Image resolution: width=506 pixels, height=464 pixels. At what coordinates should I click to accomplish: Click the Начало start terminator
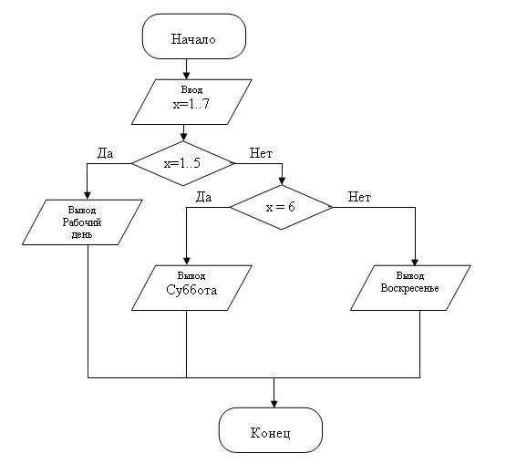coord(194,36)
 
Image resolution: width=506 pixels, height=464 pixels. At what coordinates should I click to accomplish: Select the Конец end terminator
coord(271,430)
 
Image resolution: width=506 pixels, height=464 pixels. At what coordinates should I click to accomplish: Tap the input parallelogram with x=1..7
coord(191,102)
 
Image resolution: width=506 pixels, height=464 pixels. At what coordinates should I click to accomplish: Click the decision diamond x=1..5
coord(182,163)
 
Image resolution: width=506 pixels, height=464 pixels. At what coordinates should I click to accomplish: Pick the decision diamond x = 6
coord(281,207)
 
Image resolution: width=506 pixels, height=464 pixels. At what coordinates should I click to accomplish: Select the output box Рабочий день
coord(82,222)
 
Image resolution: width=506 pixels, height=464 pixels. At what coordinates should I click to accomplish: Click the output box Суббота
coord(191,288)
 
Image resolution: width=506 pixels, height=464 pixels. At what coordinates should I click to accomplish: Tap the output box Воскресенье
coord(410,288)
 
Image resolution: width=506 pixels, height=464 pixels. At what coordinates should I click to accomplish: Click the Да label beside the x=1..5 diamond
coord(105,153)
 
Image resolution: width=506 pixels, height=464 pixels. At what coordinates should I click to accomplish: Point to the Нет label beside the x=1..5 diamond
coord(261,153)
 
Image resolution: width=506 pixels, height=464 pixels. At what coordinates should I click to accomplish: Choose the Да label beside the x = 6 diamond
coord(203,197)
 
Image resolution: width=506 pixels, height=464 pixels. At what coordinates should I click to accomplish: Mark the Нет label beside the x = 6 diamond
coord(359,197)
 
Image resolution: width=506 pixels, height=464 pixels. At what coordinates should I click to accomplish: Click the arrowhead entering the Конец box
coord(274,404)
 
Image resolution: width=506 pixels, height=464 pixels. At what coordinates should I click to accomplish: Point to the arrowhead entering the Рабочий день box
coord(88,196)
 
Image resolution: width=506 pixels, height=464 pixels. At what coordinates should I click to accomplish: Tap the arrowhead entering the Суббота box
coord(187,262)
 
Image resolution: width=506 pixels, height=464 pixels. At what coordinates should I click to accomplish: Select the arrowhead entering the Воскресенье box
coord(415,262)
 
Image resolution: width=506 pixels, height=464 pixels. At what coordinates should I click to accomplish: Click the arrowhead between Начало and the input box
coord(186,76)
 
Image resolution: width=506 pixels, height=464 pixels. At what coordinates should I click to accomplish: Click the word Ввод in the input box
coord(191,89)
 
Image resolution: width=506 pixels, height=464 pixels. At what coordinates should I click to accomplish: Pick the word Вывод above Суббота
coord(191,276)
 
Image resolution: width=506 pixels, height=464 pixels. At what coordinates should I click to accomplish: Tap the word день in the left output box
coord(82,234)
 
